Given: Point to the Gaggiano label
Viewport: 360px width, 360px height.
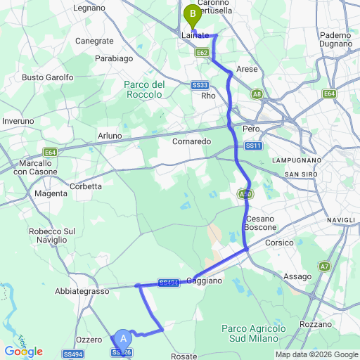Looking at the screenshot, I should pos(204,281).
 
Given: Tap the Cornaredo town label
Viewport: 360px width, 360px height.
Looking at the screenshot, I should pos(191,141).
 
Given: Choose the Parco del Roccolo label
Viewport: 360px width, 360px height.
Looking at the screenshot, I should pos(144,89).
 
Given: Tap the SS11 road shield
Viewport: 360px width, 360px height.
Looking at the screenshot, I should pos(253,146).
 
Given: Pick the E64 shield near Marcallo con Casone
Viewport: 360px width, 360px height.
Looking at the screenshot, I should pos(49,152).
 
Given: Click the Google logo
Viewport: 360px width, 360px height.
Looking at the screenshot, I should pos(23,351).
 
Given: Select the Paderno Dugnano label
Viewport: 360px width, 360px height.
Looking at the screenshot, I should pos(335,40).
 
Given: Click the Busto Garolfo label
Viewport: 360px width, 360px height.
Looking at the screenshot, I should pos(48,77).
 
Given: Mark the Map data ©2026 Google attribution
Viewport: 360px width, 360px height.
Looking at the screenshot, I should pos(316,354).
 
